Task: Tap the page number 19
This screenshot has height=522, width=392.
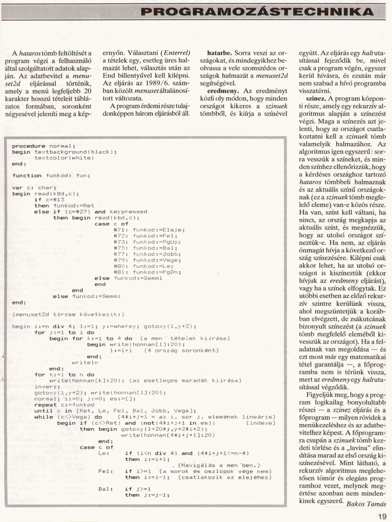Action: (x=382, y=516)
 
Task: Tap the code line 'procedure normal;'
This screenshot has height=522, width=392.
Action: (x=44, y=146)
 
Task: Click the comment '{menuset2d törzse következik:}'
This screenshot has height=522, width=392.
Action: (x=68, y=314)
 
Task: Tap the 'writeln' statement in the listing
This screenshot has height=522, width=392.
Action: (x=84, y=362)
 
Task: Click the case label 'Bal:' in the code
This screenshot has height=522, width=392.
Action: (x=106, y=489)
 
